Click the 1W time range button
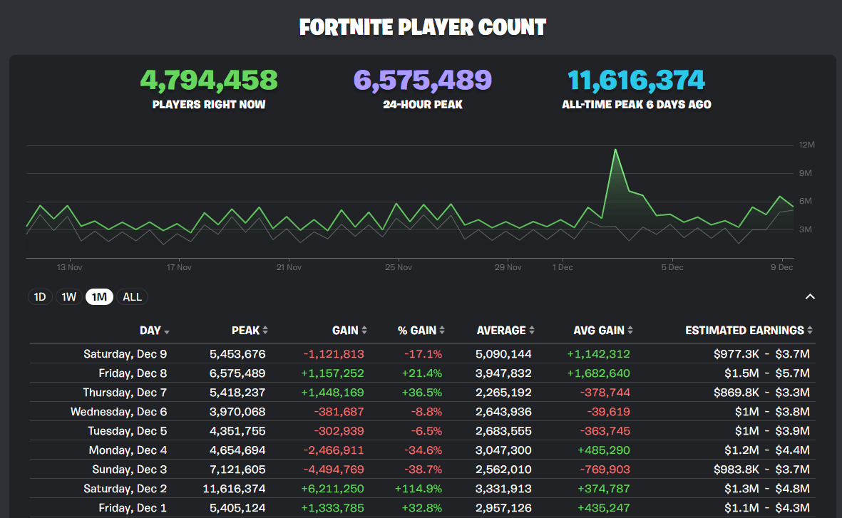coord(69,297)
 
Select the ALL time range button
coord(132,297)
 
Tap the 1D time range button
coord(40,297)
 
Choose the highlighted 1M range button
coord(100,297)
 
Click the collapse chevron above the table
coord(810,297)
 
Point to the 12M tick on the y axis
coord(806,145)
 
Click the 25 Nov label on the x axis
coord(399,268)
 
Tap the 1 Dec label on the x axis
coord(563,268)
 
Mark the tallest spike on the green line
coord(615,150)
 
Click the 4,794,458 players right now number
coord(209,81)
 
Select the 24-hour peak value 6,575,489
coord(423,81)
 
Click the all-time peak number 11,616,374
coord(636,81)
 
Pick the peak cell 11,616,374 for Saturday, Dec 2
coord(237,489)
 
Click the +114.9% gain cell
coord(418,489)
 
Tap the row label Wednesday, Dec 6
coord(118,412)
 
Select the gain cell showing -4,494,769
coord(334,470)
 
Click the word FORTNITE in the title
coord(345,28)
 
